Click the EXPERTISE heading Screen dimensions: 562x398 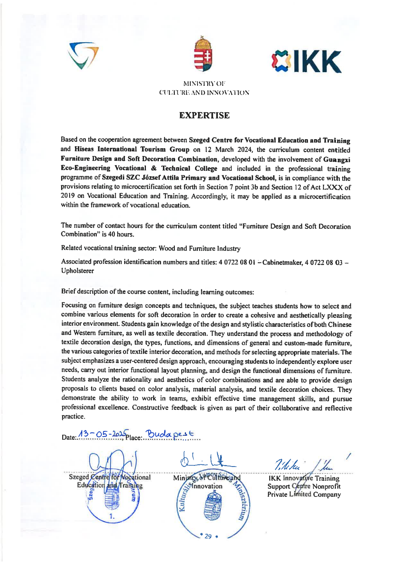204,115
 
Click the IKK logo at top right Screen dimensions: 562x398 306,62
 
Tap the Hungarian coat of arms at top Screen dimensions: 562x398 203,54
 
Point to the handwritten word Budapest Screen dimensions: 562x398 169,434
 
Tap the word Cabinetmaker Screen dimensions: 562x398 282,262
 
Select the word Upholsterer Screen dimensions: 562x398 77,271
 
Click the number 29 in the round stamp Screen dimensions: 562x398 208,536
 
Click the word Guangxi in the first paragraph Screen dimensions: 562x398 337,159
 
